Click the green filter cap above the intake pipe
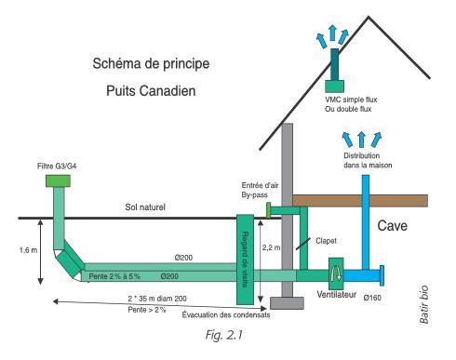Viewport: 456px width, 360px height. coord(58,182)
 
